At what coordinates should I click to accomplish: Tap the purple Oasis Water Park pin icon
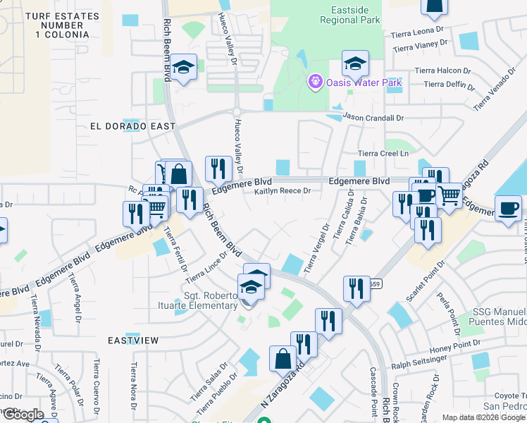pyautogui.click(x=315, y=82)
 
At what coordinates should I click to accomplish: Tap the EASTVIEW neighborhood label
pyautogui.click(x=133, y=340)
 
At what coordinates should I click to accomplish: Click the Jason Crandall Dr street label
pyautogui.click(x=373, y=118)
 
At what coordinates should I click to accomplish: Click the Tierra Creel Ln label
pyautogui.click(x=383, y=153)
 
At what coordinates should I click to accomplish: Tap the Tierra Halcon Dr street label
pyautogui.click(x=442, y=70)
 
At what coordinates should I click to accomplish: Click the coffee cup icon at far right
pyautogui.click(x=508, y=208)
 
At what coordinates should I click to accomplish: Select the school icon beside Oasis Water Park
pyautogui.click(x=356, y=63)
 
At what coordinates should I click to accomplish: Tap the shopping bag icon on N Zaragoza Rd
pyautogui.click(x=283, y=357)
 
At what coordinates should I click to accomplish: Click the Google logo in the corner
pyautogui.click(x=24, y=415)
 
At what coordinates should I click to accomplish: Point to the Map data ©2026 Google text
pyautogui.click(x=483, y=417)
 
